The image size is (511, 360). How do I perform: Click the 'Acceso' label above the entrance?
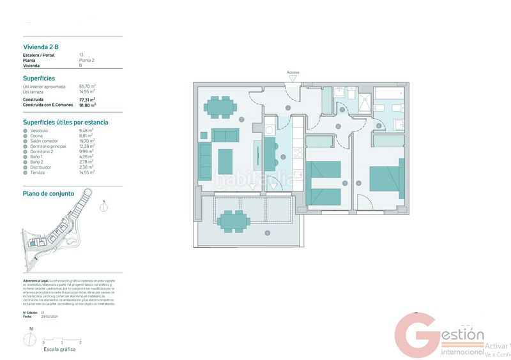pos(293,73)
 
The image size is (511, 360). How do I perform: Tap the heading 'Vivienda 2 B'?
pos(41,46)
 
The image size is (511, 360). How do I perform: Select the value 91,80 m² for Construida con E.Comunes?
pos(87,105)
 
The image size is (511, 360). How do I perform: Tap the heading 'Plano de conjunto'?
pos(49,193)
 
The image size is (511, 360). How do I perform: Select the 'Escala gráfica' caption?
pos(59,350)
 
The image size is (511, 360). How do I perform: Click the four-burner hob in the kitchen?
pos(297,153)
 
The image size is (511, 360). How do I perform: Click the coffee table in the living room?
pos(225,161)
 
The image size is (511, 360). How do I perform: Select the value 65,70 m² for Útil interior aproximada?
pos(87,86)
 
